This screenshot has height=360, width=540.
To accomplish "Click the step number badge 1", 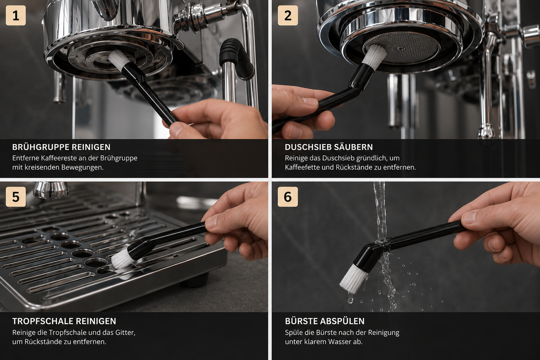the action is pos(16,15).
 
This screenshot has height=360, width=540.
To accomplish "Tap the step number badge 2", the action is pos(288,15).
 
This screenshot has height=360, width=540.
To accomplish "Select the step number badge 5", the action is pos(16,197).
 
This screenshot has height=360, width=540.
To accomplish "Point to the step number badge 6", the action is pos(288,197).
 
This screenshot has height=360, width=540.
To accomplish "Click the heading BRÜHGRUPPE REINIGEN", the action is pos(61,147).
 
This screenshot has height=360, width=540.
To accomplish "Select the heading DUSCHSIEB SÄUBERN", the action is pos(329,147).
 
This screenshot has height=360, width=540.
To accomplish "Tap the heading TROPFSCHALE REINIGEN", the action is pos(64,321).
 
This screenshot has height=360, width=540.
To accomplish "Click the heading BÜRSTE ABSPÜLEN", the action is pos(324,321).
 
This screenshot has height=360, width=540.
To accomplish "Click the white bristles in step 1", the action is pos(119,59).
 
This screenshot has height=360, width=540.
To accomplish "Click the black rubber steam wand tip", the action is pos(236,57).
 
